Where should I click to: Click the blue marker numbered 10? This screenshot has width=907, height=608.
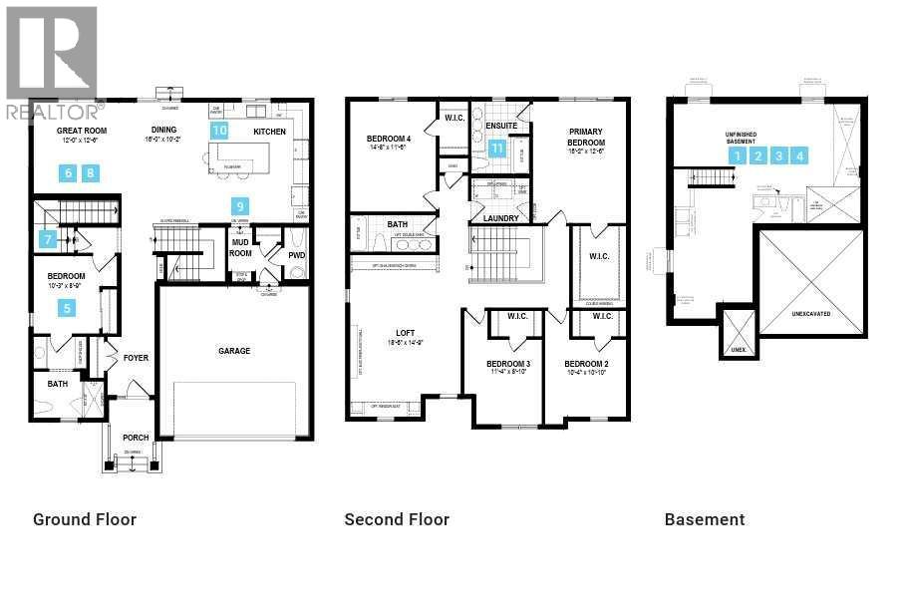point(219,130)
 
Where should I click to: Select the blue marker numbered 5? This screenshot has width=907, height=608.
point(68,308)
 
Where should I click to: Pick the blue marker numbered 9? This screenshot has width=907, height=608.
point(240,206)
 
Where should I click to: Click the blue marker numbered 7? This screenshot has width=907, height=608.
point(47,239)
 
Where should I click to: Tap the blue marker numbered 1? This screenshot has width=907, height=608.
point(737,155)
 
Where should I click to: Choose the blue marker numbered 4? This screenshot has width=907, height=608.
point(800,155)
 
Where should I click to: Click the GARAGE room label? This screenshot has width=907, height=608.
point(234,351)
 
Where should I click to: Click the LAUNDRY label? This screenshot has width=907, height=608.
point(500,218)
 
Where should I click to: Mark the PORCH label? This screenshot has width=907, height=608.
point(136,438)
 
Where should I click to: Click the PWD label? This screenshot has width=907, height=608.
point(296,255)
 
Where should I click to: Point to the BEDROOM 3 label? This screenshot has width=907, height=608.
point(508,364)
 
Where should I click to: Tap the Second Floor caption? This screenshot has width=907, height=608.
point(397,519)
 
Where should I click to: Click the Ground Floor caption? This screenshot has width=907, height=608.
point(85,519)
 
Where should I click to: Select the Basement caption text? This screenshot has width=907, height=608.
point(705,519)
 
